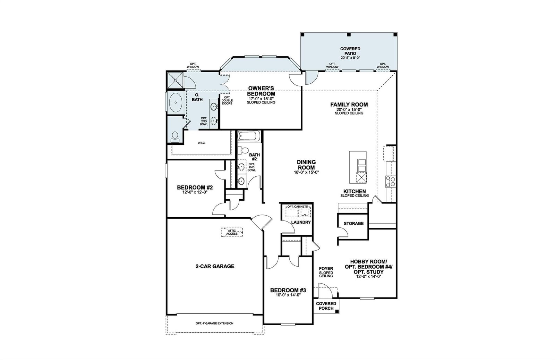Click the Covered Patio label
tap(350, 51)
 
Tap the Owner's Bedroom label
tap(261, 91)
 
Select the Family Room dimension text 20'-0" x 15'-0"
tap(349, 109)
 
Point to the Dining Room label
tap(306, 165)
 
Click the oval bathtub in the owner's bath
tap(176, 102)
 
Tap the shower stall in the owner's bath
tap(176, 80)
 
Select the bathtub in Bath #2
tap(249, 136)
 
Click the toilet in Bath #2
tap(243, 150)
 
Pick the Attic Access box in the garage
tap(232, 232)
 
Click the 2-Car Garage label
tap(215, 266)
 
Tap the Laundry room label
tap(301, 222)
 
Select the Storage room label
tap(353, 223)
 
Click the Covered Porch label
tap(326, 306)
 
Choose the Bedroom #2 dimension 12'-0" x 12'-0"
tap(195, 192)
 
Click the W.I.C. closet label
tap(202, 143)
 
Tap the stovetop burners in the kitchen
tap(391, 181)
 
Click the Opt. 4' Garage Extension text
tap(214, 323)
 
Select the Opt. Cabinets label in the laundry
tap(298, 207)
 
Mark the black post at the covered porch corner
tap(336, 311)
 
